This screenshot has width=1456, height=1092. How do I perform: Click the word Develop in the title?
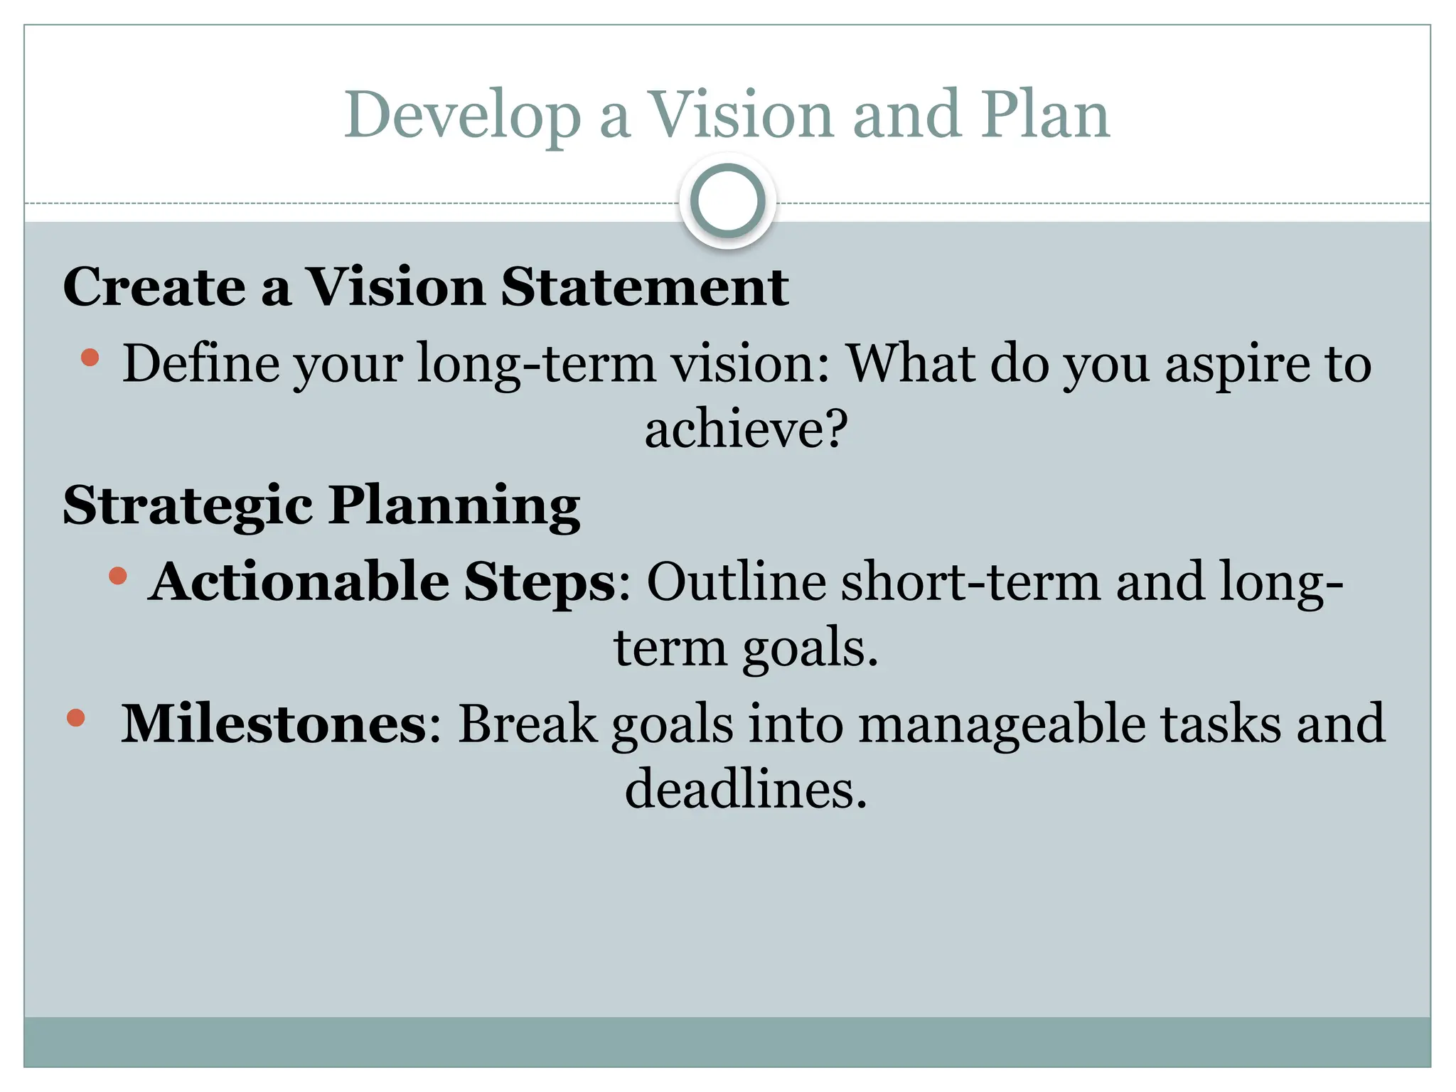coord(462,116)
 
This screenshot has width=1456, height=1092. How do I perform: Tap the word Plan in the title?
coord(1046,116)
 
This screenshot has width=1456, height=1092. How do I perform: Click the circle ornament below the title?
coord(727,201)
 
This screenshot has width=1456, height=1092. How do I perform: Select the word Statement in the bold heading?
coord(644,287)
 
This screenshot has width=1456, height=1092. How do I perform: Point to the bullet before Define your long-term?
coord(90,357)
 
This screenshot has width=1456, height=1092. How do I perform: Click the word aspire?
coord(1236,364)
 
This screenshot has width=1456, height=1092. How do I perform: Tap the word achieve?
coord(746,429)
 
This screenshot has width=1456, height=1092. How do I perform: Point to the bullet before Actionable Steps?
coord(118,575)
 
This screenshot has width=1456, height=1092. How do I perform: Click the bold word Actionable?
coord(299,582)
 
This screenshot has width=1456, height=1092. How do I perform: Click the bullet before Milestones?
coord(75,717)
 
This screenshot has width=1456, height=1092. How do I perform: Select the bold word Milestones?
coord(274,724)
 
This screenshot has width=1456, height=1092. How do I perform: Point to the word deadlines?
coord(746,790)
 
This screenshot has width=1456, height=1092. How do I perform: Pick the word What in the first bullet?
coord(911,364)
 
